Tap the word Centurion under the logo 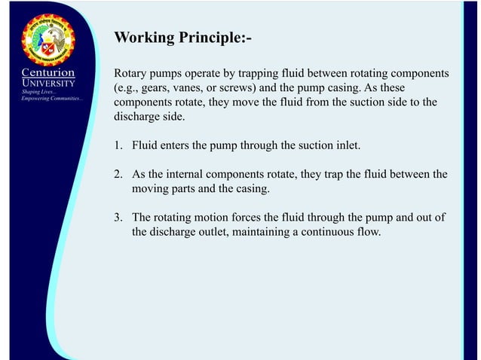[x=47, y=73]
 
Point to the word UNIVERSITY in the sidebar [x=47, y=83]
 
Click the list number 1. [x=118, y=145]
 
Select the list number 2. [x=118, y=175]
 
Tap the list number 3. [x=118, y=218]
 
